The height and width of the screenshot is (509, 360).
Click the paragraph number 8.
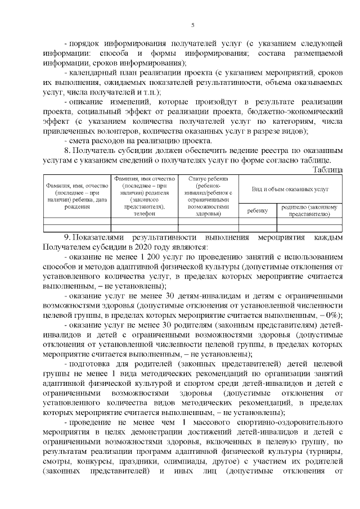[66, 151]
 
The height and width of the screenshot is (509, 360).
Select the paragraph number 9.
[66, 238]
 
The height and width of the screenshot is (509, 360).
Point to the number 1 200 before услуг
[144, 257]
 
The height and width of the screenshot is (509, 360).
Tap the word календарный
[94, 73]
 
